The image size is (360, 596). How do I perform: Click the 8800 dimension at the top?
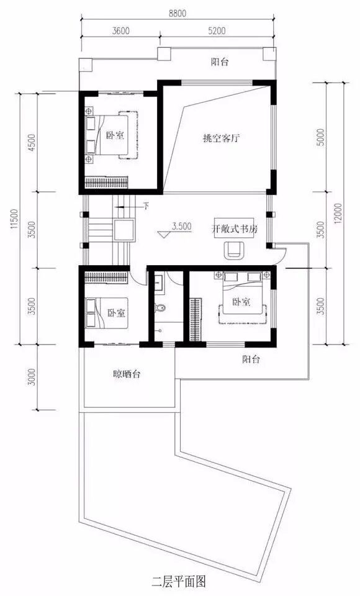coord(177,14)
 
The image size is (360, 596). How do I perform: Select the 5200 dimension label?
coord(217,31)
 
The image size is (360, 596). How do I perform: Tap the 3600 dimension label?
coord(120,31)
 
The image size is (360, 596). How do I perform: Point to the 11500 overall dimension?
coord(14,219)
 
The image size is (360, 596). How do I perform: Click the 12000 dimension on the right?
coord(338,214)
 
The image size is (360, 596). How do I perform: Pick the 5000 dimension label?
coord(320,137)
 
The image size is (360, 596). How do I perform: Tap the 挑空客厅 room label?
coord(221,138)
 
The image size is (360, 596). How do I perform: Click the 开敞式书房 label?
coord(235,229)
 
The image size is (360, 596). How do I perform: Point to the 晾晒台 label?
coord(127,374)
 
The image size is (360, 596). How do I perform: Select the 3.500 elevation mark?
coord(181,227)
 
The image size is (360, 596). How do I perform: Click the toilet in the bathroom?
coord(161,309)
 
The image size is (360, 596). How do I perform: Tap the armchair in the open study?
coord(234,250)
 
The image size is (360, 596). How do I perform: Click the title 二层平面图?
coord(179,582)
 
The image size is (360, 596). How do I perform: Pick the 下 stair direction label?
coord(146,206)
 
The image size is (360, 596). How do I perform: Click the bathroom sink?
coord(160,284)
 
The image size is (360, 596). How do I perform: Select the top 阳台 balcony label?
coord(220,62)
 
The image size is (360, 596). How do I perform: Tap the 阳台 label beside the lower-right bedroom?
coord(251,359)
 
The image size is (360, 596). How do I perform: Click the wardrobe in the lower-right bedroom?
coord(195,320)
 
